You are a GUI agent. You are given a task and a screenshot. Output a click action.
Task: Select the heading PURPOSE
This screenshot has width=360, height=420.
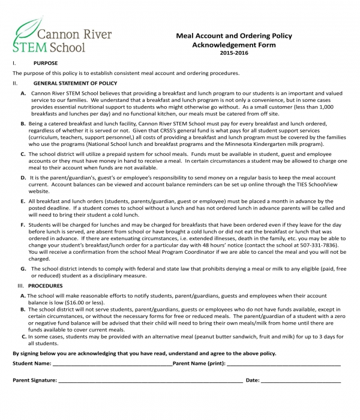pyautogui.click(x=46, y=63)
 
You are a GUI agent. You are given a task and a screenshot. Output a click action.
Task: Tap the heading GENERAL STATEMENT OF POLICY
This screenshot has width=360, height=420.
pyautogui.click(x=75, y=83)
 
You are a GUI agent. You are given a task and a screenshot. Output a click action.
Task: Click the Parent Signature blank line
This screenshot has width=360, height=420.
pyautogui.click(x=150, y=381)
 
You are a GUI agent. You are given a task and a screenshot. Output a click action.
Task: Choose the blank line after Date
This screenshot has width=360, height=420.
pyautogui.click(x=301, y=381)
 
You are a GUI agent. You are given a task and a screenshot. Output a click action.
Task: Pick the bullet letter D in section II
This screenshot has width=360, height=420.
pyautogui.click(x=23, y=178)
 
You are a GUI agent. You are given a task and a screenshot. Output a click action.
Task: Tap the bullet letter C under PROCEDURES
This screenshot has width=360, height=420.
pyautogui.click(x=22, y=337)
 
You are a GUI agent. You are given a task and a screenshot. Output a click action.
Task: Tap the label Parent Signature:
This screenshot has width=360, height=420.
pyautogui.click(x=35, y=380)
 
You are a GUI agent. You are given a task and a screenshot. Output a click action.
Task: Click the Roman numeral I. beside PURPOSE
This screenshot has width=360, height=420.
pyautogui.click(x=14, y=63)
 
